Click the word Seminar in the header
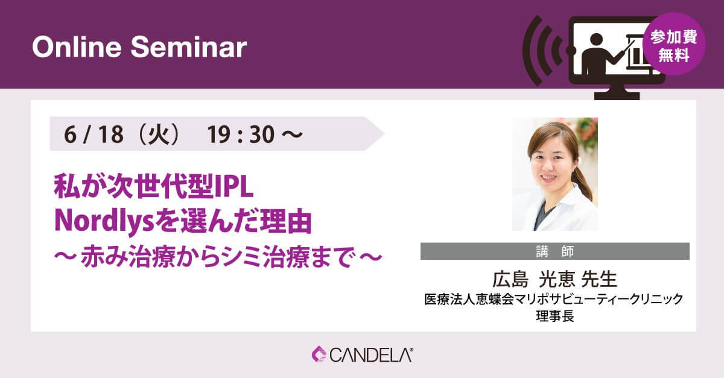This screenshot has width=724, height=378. (189, 48)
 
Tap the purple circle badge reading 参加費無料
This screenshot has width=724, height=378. (674, 44)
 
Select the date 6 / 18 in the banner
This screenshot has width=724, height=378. (94, 134)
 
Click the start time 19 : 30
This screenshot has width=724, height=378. (241, 134)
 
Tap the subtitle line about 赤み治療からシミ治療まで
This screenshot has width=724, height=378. (218, 257)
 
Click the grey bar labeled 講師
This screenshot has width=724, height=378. (555, 251)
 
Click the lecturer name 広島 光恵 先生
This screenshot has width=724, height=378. (555, 280)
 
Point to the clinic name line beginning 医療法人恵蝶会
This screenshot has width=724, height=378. (554, 299)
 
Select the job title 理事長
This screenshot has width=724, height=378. (555, 316)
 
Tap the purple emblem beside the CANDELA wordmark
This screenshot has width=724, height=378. (319, 354)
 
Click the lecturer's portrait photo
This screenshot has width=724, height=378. (555, 174)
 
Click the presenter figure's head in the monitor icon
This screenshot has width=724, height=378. (596, 39)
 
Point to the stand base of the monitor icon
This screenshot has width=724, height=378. (617, 96)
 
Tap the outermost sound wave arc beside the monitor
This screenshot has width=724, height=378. (530, 51)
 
